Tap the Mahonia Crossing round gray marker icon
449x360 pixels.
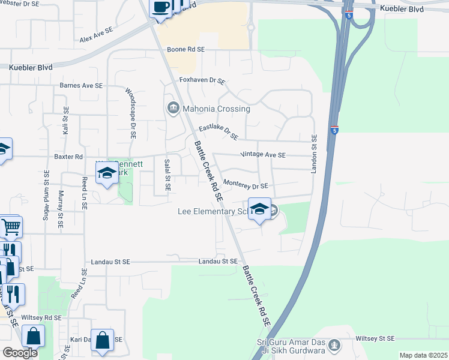point(173,108)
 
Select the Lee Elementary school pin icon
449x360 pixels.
point(259,209)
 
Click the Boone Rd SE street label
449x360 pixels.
point(185,50)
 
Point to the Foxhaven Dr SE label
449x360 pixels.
point(202,80)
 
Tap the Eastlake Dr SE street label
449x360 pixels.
point(218,132)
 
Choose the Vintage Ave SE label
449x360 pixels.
point(263,155)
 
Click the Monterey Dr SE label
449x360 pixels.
point(245,185)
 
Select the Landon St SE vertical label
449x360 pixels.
point(313,155)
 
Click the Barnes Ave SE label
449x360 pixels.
point(81,86)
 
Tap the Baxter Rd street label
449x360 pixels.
point(68,157)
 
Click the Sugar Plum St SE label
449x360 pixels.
point(46,195)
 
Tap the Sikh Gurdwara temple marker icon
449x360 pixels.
point(335,345)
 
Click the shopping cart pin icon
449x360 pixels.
point(11,227)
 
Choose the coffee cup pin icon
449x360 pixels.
point(160,8)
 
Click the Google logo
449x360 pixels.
point(20,353)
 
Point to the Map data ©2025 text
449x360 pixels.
point(423,355)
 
